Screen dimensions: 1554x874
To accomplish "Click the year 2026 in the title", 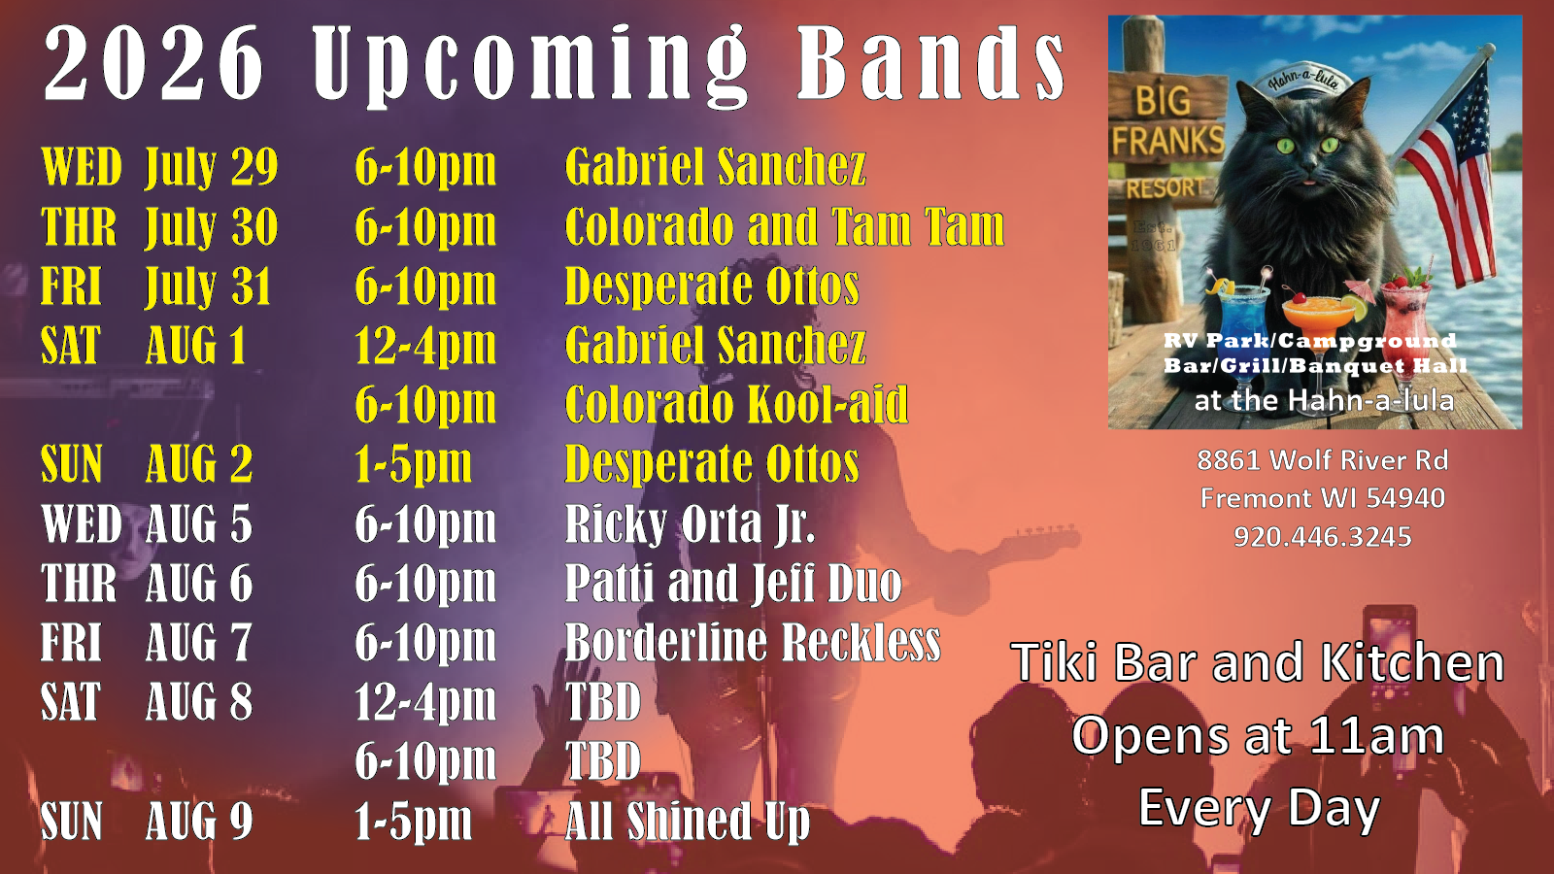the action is [x=153, y=63].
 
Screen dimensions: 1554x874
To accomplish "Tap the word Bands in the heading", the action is [x=930, y=63].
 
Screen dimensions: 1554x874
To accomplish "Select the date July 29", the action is [x=212, y=168].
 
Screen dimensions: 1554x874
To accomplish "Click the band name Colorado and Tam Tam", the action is [x=785, y=227].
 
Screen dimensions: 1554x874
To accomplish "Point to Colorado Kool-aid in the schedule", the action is [x=736, y=404].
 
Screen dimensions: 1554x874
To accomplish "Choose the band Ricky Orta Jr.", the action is [x=691, y=524].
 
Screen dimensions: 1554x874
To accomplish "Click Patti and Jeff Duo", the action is [x=733, y=584].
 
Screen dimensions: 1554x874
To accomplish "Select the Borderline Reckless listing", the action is [x=753, y=642].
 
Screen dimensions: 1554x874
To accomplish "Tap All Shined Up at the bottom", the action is [x=688, y=823].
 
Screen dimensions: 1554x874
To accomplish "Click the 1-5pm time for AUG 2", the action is [x=414, y=463].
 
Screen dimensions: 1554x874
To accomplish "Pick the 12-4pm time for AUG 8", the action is [x=425, y=702].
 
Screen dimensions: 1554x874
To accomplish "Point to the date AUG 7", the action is [x=198, y=642].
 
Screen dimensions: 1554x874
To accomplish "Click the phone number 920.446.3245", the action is [x=1322, y=537].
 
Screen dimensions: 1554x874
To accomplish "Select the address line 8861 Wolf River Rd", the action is [x=1322, y=460].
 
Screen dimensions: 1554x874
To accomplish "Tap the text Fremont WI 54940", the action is [x=1322, y=498].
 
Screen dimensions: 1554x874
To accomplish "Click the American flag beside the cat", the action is [x=1450, y=174].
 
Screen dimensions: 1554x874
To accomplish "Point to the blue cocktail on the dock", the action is [x=1242, y=326].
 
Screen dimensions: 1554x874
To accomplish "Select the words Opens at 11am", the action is [x=1258, y=736].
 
